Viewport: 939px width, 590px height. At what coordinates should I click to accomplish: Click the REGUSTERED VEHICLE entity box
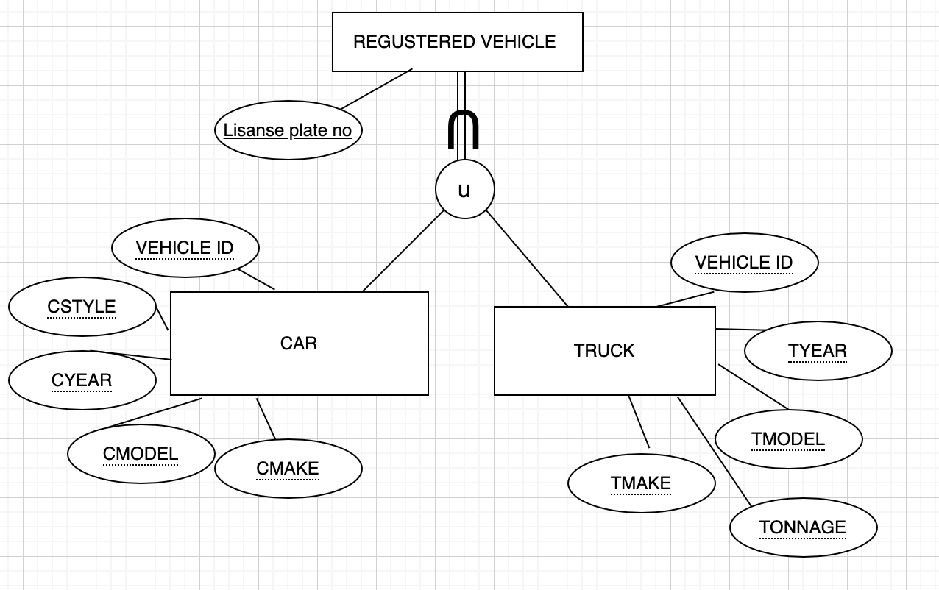(x=457, y=42)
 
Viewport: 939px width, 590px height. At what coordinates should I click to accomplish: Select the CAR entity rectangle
(x=299, y=344)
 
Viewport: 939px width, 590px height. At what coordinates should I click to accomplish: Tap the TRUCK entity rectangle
(x=604, y=351)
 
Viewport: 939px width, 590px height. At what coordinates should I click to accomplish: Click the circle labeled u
(x=464, y=190)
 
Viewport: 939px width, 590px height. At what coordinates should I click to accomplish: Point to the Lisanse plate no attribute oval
(x=288, y=130)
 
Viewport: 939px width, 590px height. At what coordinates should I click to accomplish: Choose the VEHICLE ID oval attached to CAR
(x=185, y=248)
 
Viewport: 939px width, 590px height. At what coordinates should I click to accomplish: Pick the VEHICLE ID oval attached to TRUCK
(x=744, y=263)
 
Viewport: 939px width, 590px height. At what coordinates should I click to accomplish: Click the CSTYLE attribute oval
(x=82, y=307)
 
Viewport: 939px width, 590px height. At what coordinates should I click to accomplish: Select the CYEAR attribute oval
(x=82, y=380)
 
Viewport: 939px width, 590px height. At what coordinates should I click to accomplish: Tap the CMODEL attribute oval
(x=141, y=454)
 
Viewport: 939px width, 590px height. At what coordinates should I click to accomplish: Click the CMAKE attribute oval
(x=288, y=469)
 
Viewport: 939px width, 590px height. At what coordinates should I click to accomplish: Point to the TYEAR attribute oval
(x=818, y=351)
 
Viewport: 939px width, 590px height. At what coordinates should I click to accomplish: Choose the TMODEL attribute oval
(x=788, y=439)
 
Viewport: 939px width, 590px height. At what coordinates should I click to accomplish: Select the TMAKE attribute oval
(x=641, y=483)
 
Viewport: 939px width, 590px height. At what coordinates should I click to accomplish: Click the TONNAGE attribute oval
(x=803, y=527)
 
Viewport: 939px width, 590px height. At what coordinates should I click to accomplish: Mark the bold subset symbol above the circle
(x=464, y=129)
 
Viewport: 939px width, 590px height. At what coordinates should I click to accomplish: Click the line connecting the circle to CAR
(x=403, y=252)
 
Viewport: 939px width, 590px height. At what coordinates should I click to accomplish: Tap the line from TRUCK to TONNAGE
(x=714, y=451)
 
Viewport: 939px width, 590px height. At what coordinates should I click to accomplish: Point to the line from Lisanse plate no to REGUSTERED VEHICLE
(x=376, y=89)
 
